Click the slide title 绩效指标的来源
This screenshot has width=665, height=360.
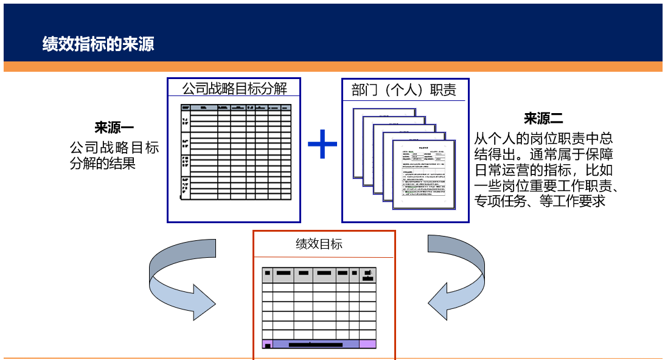pyautogui.click(x=98, y=44)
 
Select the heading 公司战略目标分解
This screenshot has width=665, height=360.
pyautogui.click(x=234, y=89)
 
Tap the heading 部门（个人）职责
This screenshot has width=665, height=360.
pyautogui.click(x=404, y=91)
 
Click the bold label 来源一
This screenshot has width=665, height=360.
pyautogui.click(x=114, y=128)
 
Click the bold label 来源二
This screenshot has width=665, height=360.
pyautogui.click(x=543, y=119)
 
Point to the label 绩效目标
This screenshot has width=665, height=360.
pyautogui.click(x=319, y=244)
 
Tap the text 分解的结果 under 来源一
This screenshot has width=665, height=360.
pyautogui.click(x=102, y=164)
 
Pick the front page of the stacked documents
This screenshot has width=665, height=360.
pyautogui.click(x=423, y=173)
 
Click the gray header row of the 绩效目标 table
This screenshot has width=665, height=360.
pyautogui.click(x=319, y=275)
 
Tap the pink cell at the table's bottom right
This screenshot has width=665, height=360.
pyautogui.click(x=367, y=344)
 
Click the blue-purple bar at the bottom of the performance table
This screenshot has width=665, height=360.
pyautogui.click(x=316, y=344)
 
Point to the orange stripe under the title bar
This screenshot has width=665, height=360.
pyautogui.click(x=332, y=67)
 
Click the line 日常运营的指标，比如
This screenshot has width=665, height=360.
pyautogui.click(x=543, y=170)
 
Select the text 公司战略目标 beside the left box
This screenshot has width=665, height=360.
pyautogui.click(x=114, y=148)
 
